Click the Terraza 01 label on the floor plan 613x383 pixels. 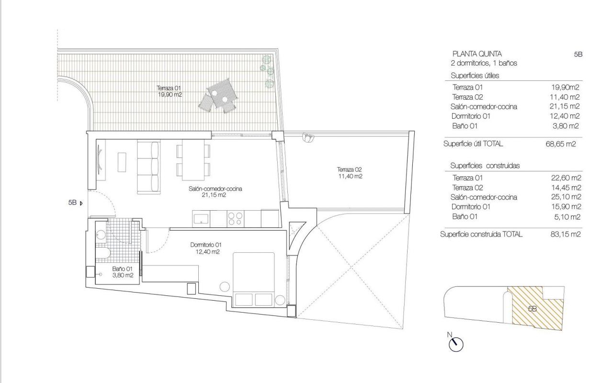[169, 91]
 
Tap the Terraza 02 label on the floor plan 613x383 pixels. [350, 173]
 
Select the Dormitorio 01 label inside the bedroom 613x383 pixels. [206, 248]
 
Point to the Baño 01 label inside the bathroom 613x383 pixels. [122, 272]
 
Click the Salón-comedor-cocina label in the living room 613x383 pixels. [215, 192]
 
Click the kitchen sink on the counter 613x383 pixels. [201, 219]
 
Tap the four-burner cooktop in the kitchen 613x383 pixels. [236, 219]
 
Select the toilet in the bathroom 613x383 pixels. [102, 253]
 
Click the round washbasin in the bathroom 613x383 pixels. [101, 235]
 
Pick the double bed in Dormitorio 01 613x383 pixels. [253, 279]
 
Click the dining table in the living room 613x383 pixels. [193, 160]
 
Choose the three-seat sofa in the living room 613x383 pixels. [148, 168]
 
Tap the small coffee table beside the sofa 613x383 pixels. [122, 162]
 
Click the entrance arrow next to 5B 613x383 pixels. [81, 203]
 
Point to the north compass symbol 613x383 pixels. [455, 344]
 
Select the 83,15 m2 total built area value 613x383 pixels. [566, 234]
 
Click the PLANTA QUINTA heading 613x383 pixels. [477, 54]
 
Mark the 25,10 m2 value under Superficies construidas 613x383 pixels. [566, 197]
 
